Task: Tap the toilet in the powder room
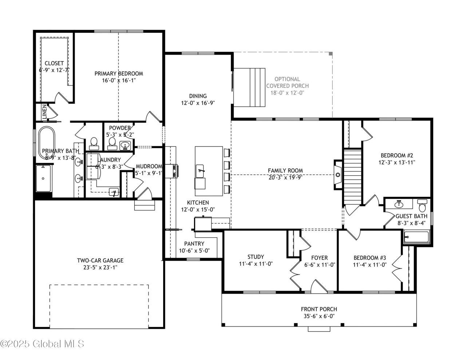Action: tap(112, 143)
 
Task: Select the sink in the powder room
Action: tap(125, 145)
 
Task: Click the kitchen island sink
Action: tap(200, 171)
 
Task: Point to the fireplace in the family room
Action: tap(337, 175)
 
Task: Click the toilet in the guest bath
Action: tap(422, 205)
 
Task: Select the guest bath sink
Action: tap(399, 204)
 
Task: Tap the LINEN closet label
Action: tap(44, 112)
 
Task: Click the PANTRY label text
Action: tap(194, 244)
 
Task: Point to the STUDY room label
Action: tap(256, 257)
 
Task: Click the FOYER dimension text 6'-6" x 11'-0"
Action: tap(320, 265)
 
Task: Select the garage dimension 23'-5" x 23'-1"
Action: tap(100, 268)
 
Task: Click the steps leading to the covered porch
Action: tap(249, 87)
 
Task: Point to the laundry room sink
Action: tap(114, 192)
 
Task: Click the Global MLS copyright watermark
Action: tap(42, 344)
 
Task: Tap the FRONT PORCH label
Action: tap(319, 309)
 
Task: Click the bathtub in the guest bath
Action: tap(416, 237)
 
